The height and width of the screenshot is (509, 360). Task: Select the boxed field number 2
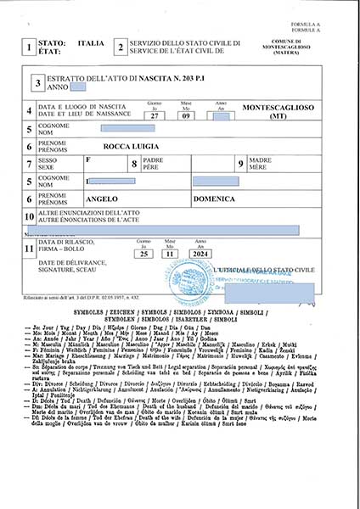[120, 48]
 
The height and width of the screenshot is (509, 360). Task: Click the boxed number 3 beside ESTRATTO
[38, 83]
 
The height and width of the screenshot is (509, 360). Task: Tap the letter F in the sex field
[89, 159]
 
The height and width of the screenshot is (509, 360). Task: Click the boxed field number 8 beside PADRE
[133, 164]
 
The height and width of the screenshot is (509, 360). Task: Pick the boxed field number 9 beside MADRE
[240, 164]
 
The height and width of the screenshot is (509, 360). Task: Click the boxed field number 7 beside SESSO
[30, 164]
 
